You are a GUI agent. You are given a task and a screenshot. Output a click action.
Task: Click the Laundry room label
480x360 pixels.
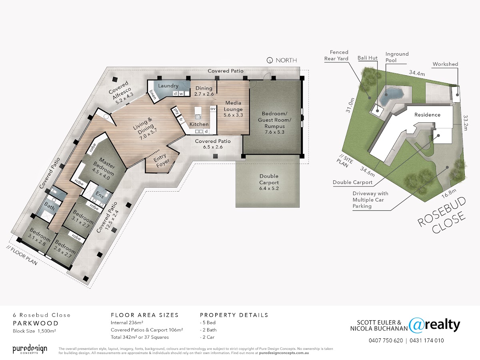click(168, 86)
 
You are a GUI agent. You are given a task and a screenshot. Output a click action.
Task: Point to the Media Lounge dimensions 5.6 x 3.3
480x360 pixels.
click(233, 115)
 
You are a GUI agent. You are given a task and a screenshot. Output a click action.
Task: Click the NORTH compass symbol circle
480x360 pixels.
click(270, 60)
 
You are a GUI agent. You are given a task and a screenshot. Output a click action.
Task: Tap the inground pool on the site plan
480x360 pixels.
click(392, 96)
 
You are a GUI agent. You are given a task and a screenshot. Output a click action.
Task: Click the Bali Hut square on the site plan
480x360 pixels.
click(378, 110)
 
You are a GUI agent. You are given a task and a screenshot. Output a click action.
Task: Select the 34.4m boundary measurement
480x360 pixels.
click(417, 73)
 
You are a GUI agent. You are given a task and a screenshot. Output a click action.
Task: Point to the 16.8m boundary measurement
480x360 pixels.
click(449, 193)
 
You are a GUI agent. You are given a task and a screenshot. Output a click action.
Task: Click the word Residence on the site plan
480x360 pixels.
click(427, 115)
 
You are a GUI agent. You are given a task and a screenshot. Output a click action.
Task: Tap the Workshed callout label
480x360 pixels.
click(445, 64)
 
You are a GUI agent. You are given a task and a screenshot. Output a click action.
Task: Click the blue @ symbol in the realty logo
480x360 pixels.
click(416, 325)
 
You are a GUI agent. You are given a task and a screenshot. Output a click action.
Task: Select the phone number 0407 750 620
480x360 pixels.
click(386, 340)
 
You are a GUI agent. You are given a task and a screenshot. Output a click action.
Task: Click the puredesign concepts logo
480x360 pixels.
click(30, 349)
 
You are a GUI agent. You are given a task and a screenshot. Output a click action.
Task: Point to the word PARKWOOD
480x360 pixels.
click(36, 323)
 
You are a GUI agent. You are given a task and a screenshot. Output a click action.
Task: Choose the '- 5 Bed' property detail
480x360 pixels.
click(208, 323)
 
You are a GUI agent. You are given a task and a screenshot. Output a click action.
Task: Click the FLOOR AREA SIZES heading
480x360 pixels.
click(145, 315)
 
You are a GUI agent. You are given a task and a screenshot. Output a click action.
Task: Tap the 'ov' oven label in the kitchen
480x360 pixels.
click(213, 109)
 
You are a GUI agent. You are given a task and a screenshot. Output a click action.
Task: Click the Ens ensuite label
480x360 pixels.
click(100, 195)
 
